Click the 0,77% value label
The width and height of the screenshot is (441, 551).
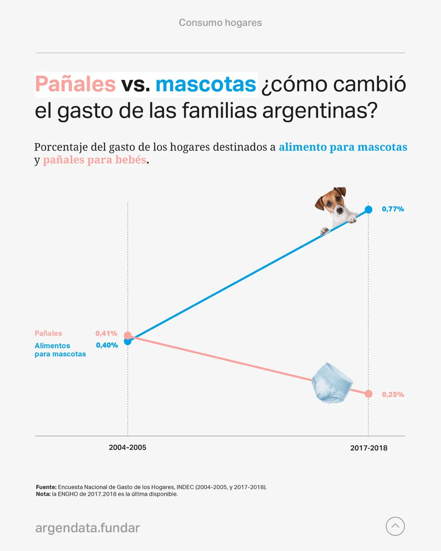(393, 209)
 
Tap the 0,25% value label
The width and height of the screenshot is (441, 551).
(393, 395)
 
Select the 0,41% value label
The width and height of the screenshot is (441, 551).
(106, 333)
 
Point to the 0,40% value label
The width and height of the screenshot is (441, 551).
(107, 345)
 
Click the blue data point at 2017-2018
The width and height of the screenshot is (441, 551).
(368, 209)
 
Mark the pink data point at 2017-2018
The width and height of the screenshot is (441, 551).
(368, 394)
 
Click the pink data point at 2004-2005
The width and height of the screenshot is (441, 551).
(128, 335)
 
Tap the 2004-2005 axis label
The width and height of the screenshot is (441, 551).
(127, 448)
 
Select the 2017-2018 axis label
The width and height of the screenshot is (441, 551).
(368, 448)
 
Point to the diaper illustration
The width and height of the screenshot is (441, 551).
(332, 383)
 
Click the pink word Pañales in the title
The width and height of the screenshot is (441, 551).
(75, 84)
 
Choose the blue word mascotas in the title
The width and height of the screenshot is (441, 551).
(206, 84)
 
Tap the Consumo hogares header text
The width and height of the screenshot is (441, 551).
(220, 23)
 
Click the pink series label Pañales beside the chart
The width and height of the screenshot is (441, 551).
(48, 333)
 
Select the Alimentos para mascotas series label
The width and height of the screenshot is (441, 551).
(60, 350)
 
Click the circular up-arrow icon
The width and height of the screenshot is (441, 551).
(395, 526)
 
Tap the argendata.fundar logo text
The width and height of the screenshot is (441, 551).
(88, 528)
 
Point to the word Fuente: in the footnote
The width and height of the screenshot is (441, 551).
(46, 487)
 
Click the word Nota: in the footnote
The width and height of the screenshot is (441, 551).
(43, 494)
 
